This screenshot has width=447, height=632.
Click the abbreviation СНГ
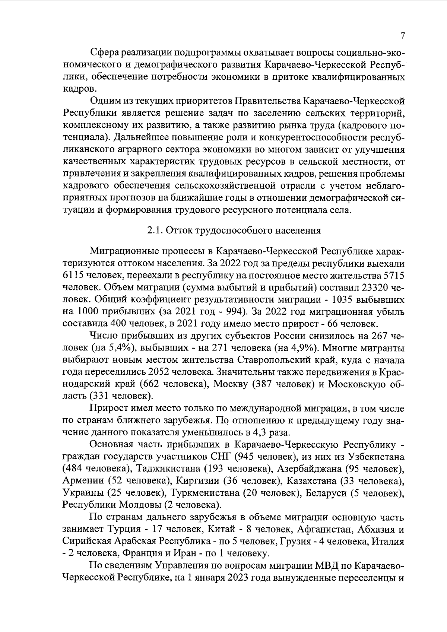click(x=221, y=457)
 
